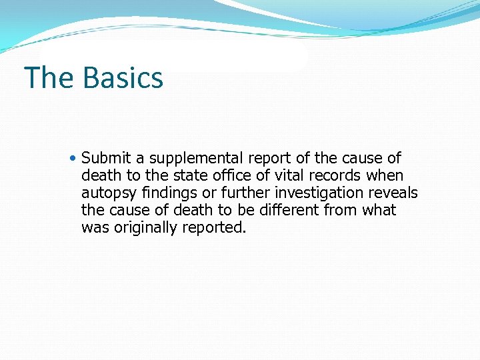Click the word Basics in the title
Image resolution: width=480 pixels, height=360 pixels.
pyautogui.click(x=123, y=77)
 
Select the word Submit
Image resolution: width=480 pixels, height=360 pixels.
pyautogui.click(x=107, y=159)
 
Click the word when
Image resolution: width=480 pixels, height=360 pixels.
pyautogui.click(x=385, y=176)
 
